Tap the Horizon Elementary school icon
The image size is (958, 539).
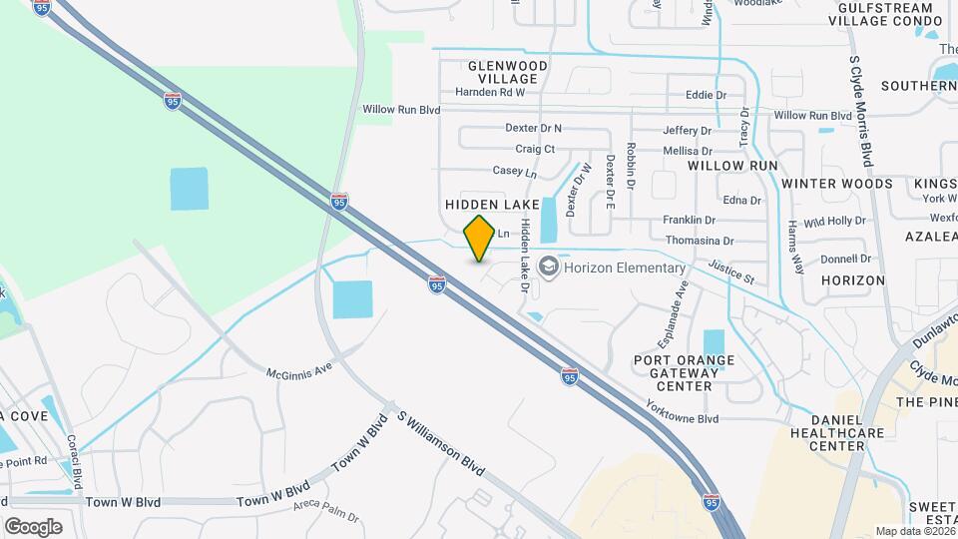pos(547,268)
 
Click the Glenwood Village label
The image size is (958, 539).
pos(508,72)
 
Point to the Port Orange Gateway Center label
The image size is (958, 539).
pos(685,372)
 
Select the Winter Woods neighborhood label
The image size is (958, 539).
pos(836,184)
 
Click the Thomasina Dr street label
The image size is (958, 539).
pos(699,242)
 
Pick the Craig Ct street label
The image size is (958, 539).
pos(535,149)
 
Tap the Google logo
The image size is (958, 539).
pos(33,526)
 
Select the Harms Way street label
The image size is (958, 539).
pos(795,247)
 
